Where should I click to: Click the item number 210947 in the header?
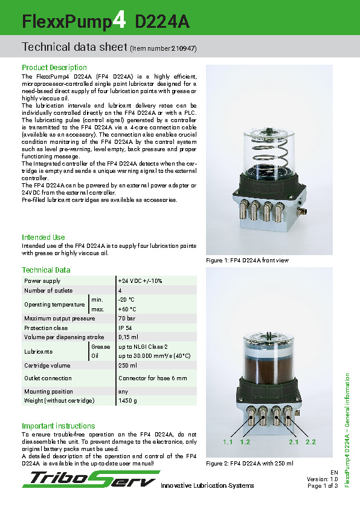click(x=183, y=48)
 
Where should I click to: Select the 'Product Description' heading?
click(x=54, y=68)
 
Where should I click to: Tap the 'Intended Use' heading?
click(x=43, y=238)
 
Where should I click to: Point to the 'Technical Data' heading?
click(x=46, y=270)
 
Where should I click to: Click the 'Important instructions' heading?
click(x=59, y=426)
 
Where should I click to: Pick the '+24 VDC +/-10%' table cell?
click(x=140, y=281)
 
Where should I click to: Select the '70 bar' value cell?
click(x=127, y=319)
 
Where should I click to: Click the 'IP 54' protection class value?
click(x=126, y=328)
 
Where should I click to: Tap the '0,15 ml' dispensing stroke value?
click(x=129, y=337)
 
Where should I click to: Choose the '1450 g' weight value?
click(x=128, y=401)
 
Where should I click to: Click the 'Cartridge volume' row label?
click(x=47, y=366)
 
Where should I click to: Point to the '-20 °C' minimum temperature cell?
click(x=127, y=300)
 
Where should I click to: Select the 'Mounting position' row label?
click(x=48, y=391)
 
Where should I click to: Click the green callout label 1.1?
click(x=228, y=443)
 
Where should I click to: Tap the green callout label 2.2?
click(x=311, y=443)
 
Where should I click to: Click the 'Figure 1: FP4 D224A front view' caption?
click(x=248, y=261)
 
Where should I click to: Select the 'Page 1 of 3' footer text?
click(x=323, y=485)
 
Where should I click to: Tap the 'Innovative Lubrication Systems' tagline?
click(x=207, y=485)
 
